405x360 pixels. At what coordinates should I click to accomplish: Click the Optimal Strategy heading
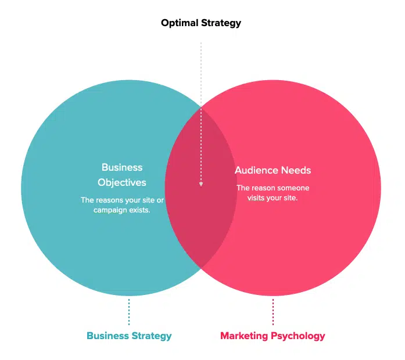201,24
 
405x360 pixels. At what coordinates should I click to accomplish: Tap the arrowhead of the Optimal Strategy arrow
201,185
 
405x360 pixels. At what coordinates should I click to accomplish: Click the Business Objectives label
122,175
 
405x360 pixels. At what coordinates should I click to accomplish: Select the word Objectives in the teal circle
122,182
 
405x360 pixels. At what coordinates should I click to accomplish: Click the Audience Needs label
273,170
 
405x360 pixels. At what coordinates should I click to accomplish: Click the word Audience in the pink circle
256,170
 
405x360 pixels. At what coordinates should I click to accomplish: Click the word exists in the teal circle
141,210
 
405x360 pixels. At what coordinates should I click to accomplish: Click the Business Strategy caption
129,336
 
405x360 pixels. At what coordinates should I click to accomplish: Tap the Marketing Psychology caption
273,336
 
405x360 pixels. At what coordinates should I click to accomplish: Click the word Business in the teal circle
122,167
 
